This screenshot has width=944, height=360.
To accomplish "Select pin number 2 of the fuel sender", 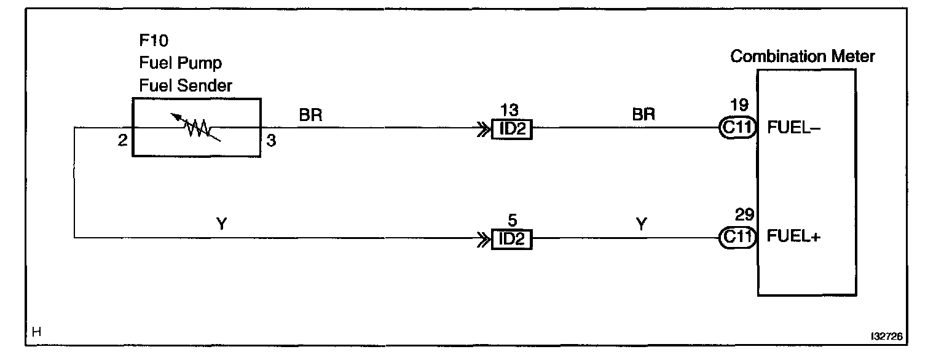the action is tap(123, 141).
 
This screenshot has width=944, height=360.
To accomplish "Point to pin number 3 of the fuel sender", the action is tap(271, 141).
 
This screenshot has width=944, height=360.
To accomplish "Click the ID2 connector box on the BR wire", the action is tap(511, 130).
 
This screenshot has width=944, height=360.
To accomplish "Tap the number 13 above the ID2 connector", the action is tap(510, 111).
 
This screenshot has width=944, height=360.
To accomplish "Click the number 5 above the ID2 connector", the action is tap(511, 219).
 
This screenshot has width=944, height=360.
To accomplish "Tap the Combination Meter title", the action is tap(802, 57).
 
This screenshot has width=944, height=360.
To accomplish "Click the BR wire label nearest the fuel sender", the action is tap(311, 114).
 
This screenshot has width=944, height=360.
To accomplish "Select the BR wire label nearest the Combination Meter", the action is tap(643, 114).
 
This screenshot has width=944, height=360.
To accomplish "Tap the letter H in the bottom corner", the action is tap(36, 332).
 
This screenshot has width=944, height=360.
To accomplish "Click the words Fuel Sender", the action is tap(186, 85).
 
